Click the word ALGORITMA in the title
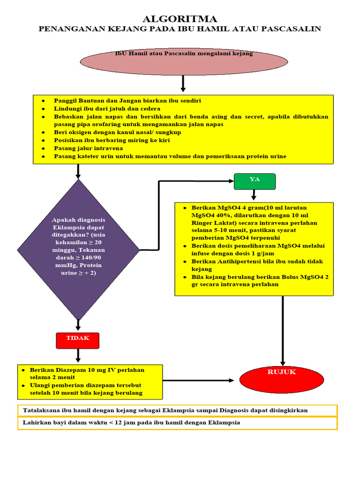[x=180, y=19]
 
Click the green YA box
[x=255, y=181]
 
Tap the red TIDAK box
[x=78, y=341]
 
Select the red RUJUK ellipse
[x=282, y=380]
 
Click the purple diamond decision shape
[x=78, y=249]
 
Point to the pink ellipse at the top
[x=184, y=61]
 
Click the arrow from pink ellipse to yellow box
[x=183, y=83]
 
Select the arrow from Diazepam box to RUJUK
[x=198, y=381]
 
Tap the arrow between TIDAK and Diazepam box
[x=78, y=356]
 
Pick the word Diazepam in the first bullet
[x=58, y=370]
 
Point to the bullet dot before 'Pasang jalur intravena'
[x=44, y=149]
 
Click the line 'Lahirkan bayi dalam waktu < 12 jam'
[x=131, y=423]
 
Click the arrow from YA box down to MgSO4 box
[x=254, y=195]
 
